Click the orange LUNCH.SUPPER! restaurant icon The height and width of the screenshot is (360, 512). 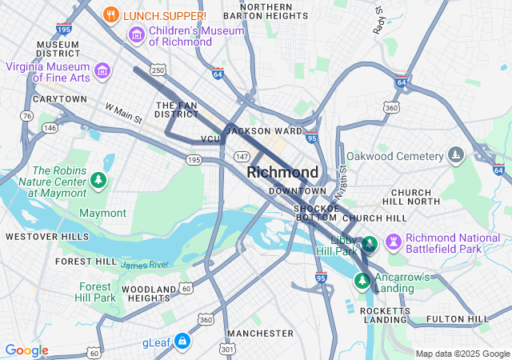coord(112,15)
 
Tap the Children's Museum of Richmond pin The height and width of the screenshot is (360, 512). coord(136,35)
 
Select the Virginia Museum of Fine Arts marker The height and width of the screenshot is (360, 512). coord(102,70)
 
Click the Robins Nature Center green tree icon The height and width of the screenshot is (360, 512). coord(98,181)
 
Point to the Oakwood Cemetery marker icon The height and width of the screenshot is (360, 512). coord(455,154)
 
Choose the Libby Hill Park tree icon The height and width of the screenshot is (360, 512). coord(369,243)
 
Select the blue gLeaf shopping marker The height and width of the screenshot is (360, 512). coord(182,342)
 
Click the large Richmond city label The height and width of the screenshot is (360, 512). coord(282,172)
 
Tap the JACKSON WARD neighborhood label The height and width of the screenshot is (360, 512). coord(264,130)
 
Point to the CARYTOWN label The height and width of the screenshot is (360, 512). coord(59,99)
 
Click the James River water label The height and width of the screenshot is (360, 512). coord(145,265)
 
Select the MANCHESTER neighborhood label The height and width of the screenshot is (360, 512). coord(255,333)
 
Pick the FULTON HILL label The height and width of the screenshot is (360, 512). coord(458,319)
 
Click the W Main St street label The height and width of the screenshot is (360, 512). coord(123,114)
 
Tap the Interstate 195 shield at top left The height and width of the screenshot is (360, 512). coord(64,29)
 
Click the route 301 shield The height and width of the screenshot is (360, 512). coord(229,349)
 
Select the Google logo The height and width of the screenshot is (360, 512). coord(26,350)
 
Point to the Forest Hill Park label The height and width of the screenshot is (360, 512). coord(96,292)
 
